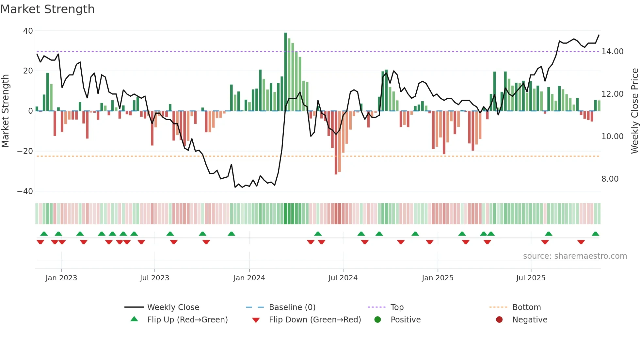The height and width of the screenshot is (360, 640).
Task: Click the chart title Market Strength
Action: pyautogui.click(x=47, y=9)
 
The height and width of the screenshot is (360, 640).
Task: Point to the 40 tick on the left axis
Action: pyautogui.click(x=28, y=31)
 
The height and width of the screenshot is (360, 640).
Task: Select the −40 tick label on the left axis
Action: pyautogui.click(x=25, y=191)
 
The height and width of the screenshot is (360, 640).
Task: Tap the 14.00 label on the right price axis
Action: pyautogui.click(x=612, y=52)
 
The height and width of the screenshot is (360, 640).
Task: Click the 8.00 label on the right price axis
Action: pyautogui.click(x=610, y=179)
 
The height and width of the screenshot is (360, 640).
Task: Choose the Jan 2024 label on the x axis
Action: pyautogui.click(x=249, y=278)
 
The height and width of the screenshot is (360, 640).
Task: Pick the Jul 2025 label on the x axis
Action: pyautogui.click(x=531, y=278)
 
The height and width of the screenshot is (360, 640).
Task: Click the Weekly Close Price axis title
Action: pyautogui.click(x=634, y=111)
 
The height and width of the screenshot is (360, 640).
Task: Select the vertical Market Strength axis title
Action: pyautogui.click(x=5, y=111)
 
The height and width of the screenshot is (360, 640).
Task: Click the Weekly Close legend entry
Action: pyautogui.click(x=173, y=307)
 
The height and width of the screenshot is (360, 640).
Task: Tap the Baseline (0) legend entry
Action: pyautogui.click(x=292, y=307)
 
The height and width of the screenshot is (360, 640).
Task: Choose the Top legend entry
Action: pyautogui.click(x=397, y=307)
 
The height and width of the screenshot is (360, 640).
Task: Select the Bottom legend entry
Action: pyautogui.click(x=526, y=307)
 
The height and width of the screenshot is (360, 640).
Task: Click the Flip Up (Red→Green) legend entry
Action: pyautogui.click(x=187, y=320)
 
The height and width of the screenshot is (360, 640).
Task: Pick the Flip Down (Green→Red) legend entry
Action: pyautogui.click(x=315, y=320)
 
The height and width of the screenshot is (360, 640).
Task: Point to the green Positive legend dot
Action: pyautogui.click(x=378, y=320)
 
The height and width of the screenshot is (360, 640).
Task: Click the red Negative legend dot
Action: pyautogui.click(x=499, y=320)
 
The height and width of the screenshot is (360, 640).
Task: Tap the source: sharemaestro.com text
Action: pyautogui.click(x=575, y=256)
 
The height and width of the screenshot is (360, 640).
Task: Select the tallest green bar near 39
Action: pyautogui.click(x=285, y=72)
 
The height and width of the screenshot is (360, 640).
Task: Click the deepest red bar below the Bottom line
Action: pyautogui.click(x=336, y=142)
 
